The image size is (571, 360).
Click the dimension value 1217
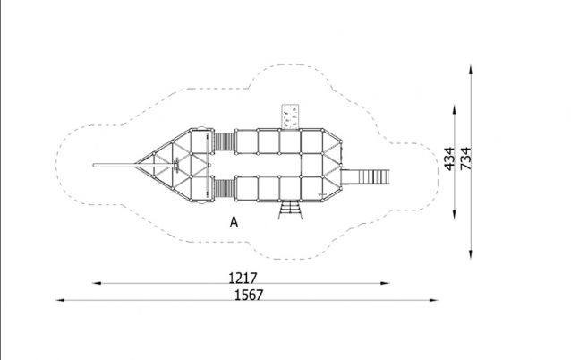coord(243,278)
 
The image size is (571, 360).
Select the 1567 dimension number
coord(248,295)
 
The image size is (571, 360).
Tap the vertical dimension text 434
coord(450,159)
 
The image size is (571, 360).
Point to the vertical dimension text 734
coord(465,159)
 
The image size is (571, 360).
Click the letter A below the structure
coord(234,222)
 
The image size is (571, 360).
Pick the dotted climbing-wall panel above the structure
coord(290,116)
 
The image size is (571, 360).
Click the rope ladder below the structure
coord(290,210)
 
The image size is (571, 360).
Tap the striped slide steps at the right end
coord(365,177)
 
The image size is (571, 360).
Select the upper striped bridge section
coord(225,141)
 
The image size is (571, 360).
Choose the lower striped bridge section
coord(225,189)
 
